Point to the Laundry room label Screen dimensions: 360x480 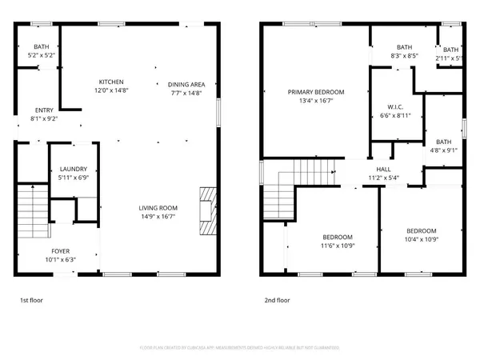pos(74,173)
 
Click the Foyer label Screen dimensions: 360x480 pos(62,254)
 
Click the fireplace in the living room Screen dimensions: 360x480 pos(207,210)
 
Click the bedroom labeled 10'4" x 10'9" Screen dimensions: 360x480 pos(422,234)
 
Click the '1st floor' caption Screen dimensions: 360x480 pos(33,301)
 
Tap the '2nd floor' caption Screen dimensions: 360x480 pos(277,301)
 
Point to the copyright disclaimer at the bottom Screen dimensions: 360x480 pos(240,348)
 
